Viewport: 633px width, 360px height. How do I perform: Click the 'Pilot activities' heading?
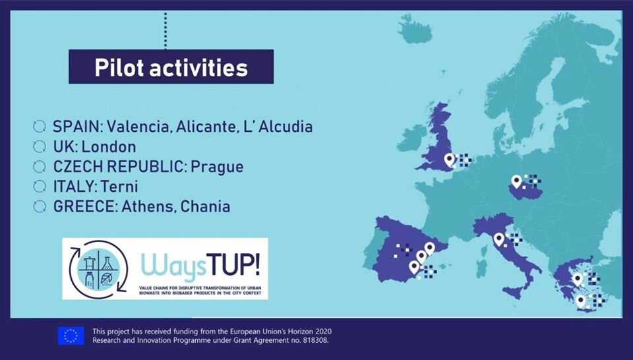click(171, 67)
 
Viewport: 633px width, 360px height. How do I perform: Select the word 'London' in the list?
click(109, 147)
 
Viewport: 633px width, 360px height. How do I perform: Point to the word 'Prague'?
click(217, 167)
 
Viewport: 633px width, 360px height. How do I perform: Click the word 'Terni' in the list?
click(119, 187)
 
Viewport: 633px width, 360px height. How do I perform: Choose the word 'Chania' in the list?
click(205, 206)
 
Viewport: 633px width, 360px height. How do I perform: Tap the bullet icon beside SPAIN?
click(40, 127)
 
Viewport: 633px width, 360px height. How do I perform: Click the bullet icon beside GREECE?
click(40, 206)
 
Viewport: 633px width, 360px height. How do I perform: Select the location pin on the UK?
click(449, 160)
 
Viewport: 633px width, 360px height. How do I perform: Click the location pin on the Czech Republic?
click(516, 181)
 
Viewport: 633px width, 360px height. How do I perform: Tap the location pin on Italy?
click(499, 239)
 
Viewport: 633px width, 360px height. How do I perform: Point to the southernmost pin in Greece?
click(580, 301)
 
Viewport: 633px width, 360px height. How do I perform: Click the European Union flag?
click(71, 336)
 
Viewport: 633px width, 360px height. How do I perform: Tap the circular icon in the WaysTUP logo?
click(98, 269)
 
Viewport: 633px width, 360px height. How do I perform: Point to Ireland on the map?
click(411, 138)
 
